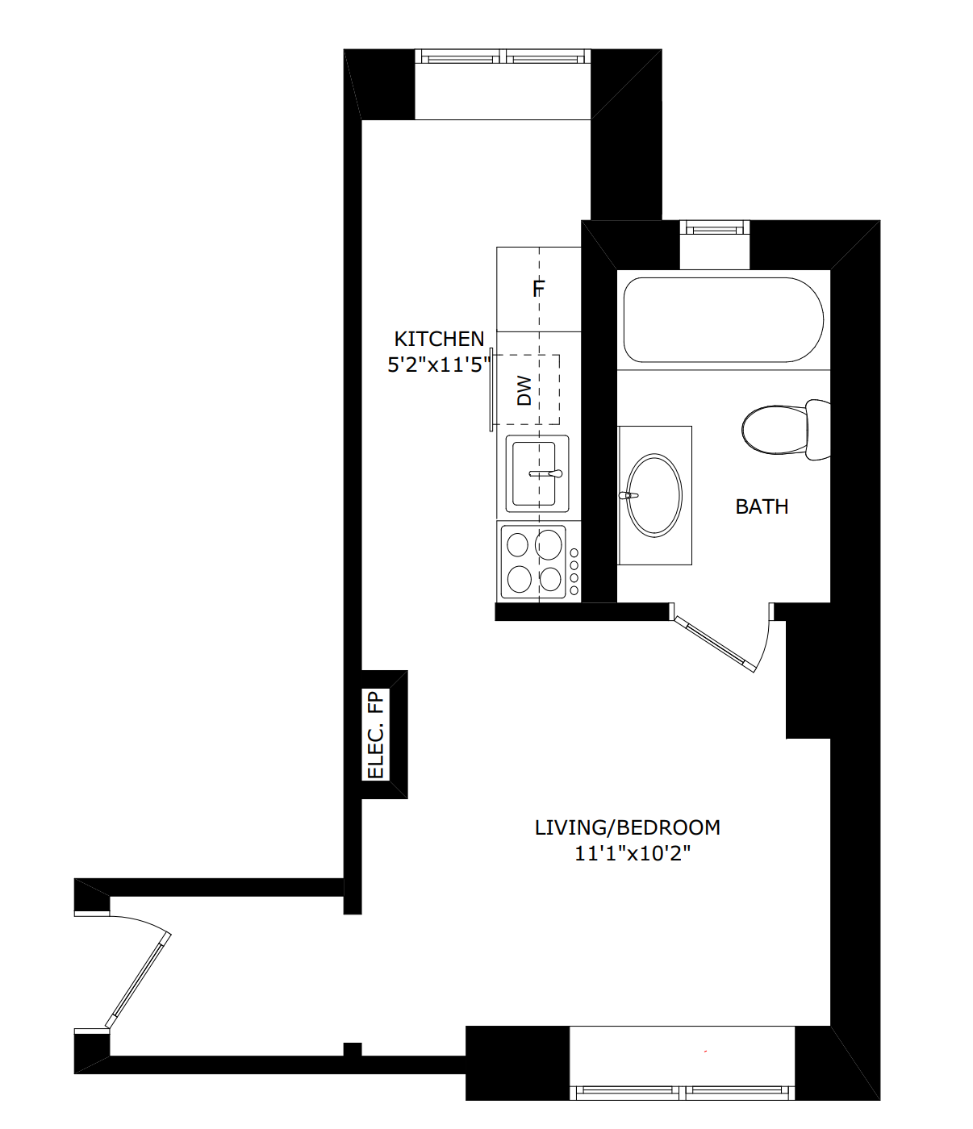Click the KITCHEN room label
[x=439, y=340]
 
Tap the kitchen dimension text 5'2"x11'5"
[x=439, y=365]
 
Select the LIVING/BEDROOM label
[x=627, y=827]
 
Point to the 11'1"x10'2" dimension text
[x=633, y=853]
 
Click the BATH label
[x=762, y=507]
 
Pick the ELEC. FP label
[x=376, y=734]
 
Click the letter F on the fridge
[x=539, y=289]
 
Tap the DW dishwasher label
[x=524, y=390]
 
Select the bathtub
[x=724, y=319]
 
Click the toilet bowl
[x=775, y=430]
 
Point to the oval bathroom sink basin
[x=654, y=495]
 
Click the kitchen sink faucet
[x=545, y=473]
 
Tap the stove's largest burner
[x=549, y=544]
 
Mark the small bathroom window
[x=715, y=227]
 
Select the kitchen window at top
[x=503, y=56]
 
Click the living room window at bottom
[x=682, y=1092]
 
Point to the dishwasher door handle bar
[x=491, y=390]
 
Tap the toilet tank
[x=818, y=430]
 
